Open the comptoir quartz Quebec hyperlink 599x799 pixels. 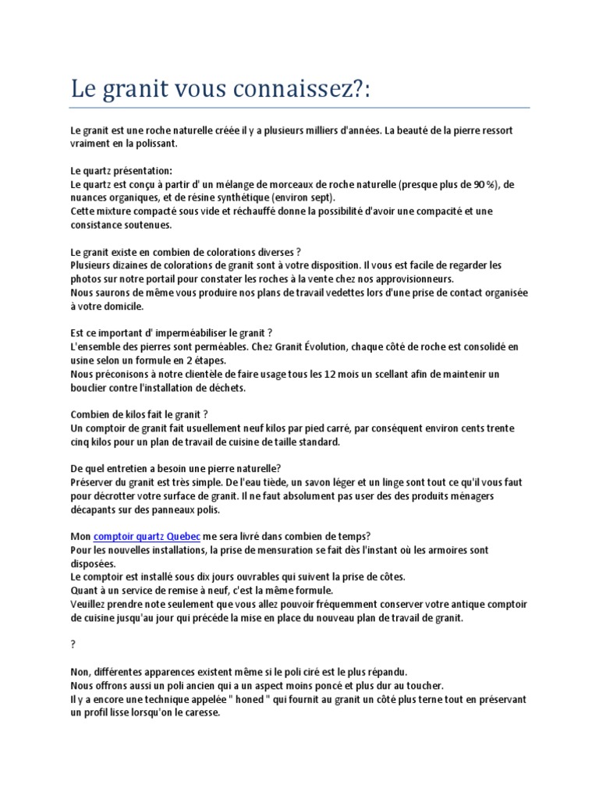(147, 537)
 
